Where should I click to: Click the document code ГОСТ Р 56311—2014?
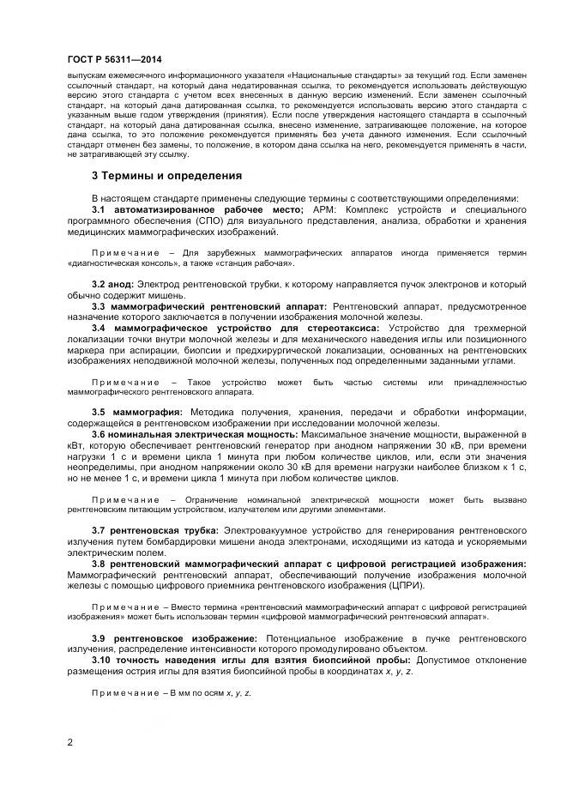pos(113,59)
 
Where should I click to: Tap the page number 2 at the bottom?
pos(69,741)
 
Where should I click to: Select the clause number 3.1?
pos(99,209)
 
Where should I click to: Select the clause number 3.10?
pos(101,660)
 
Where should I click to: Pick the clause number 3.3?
pos(99,305)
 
